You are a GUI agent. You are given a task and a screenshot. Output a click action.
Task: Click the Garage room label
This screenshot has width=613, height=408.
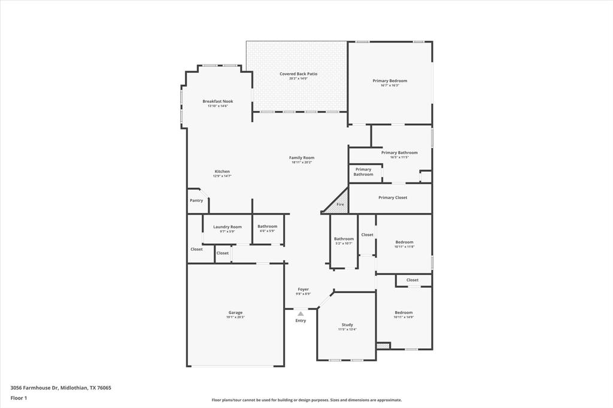235,312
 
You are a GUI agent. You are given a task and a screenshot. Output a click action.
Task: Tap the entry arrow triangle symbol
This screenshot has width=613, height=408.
301,313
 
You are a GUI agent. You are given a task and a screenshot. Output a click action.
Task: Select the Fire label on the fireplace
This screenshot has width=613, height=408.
340,205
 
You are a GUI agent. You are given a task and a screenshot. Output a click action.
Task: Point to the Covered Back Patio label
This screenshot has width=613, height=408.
298,74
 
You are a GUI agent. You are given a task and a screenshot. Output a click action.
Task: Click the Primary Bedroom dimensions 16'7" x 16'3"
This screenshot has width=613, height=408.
390,86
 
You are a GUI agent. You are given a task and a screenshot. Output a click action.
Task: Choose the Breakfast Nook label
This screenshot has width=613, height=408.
217,101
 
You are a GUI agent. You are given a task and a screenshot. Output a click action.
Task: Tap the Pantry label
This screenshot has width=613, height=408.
196,200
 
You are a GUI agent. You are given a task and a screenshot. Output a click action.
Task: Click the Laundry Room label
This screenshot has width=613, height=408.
227,227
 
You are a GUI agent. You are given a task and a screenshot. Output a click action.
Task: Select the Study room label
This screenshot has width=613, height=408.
347,325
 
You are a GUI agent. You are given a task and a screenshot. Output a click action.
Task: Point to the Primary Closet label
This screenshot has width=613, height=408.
393,197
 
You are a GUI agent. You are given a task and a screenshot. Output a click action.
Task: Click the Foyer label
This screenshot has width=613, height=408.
303,289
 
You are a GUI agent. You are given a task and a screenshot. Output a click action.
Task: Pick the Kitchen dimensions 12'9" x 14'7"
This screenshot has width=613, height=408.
222,176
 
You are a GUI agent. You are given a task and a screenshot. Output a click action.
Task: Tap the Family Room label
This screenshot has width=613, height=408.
302,157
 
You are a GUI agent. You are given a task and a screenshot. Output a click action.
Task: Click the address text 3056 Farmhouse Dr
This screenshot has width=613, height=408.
34,388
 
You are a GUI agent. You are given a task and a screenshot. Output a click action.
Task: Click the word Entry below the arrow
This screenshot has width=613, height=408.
301,321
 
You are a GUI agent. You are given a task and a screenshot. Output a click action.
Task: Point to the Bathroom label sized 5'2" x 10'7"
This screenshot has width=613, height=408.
344,239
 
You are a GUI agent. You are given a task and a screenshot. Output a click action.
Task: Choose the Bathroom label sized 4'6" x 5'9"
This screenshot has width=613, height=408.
267,226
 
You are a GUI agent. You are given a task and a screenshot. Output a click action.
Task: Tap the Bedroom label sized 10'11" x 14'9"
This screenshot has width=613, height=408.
403,312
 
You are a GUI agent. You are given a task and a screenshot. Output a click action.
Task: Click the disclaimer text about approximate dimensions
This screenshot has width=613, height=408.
306,400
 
